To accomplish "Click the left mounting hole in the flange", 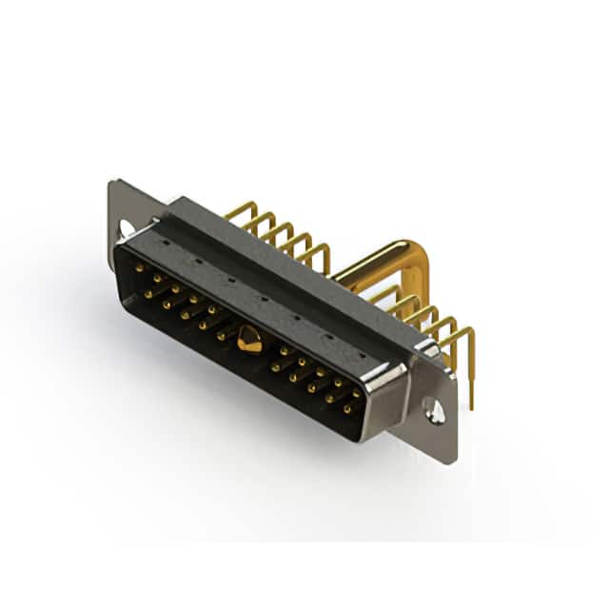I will pos(125,227).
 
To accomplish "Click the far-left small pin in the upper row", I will pos(139,269).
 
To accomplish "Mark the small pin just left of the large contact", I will pos(222,335).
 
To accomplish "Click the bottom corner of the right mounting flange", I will pos(451,462).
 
